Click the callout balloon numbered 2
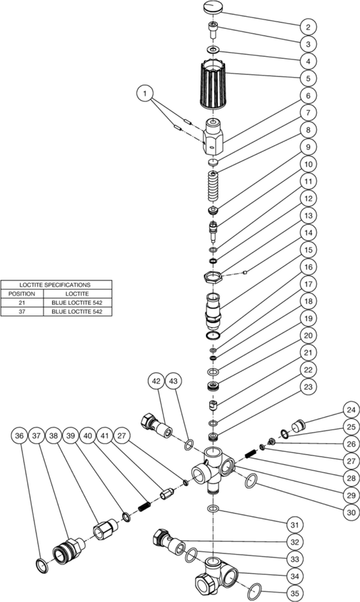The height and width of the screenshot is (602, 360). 308,27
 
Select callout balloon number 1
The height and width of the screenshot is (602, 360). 145,93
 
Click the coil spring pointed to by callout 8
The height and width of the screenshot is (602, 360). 213,185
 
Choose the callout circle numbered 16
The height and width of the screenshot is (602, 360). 308,267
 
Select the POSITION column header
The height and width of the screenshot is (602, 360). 22,294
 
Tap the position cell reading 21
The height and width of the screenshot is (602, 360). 22,303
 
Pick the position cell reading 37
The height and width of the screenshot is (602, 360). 22,311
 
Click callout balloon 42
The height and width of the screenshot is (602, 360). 156,381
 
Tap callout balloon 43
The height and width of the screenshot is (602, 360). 174,381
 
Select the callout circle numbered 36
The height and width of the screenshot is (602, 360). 19,436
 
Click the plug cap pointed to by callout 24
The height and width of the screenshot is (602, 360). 297,426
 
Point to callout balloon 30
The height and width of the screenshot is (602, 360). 351,512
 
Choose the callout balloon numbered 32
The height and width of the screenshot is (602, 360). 294,542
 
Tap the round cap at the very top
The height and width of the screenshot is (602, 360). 213,7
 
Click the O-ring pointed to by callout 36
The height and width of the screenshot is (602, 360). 42,566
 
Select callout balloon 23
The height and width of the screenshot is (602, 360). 308,386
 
